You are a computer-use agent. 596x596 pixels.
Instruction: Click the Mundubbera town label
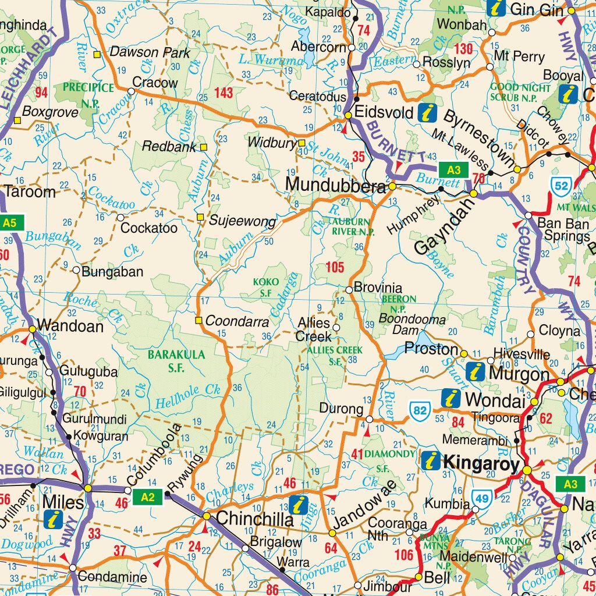click(x=335, y=185)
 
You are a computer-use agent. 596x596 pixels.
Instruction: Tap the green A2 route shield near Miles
click(x=148, y=496)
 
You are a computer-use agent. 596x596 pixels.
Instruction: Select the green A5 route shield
click(x=12, y=222)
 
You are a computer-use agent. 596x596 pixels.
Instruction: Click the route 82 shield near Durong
click(x=420, y=410)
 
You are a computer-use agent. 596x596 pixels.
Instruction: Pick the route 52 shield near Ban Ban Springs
click(x=560, y=186)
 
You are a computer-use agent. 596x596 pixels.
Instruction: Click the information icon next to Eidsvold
click(x=428, y=112)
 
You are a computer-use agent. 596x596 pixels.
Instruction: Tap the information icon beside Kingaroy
click(x=431, y=460)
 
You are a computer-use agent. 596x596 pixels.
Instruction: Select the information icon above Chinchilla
click(x=299, y=504)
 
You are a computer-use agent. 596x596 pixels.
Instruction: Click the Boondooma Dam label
click(x=412, y=324)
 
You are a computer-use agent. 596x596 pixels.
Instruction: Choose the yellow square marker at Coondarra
click(x=198, y=320)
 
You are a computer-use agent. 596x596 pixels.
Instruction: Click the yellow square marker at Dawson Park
click(x=98, y=55)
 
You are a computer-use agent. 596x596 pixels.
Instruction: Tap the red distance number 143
click(x=223, y=93)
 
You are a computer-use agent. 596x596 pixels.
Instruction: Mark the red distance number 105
click(x=335, y=267)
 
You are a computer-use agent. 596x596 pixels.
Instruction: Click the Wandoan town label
click(x=70, y=326)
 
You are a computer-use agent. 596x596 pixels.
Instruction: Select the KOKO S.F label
click(x=262, y=288)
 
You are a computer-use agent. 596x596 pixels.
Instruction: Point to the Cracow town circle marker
click(x=132, y=91)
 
